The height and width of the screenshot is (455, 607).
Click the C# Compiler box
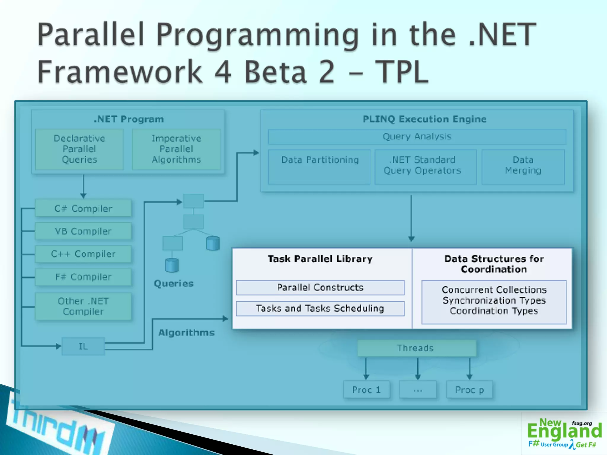[x=83, y=209]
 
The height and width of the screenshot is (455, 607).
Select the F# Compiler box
[x=83, y=277]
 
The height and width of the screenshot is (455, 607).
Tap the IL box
[x=83, y=346]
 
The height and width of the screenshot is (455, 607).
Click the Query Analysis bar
[x=417, y=137]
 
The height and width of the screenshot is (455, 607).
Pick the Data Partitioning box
[x=319, y=167]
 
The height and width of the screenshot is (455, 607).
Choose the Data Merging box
[x=523, y=167]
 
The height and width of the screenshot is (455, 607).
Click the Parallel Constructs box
[x=320, y=288]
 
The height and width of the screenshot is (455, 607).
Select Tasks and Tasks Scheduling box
[x=320, y=309]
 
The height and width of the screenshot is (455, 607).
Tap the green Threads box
[x=416, y=348]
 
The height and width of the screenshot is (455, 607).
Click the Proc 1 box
[x=366, y=390]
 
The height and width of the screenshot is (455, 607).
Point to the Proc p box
[x=469, y=390]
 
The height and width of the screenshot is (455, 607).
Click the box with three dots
[x=418, y=390]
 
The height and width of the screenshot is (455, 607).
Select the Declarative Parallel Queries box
[x=79, y=149]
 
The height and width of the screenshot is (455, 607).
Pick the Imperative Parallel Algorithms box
[x=176, y=149]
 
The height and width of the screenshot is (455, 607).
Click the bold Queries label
[x=174, y=283]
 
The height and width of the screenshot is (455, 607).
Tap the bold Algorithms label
[x=186, y=333]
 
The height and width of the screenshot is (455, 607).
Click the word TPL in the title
[x=402, y=71]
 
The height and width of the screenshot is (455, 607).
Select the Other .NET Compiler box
[x=83, y=306]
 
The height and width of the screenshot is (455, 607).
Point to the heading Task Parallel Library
[x=320, y=259]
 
